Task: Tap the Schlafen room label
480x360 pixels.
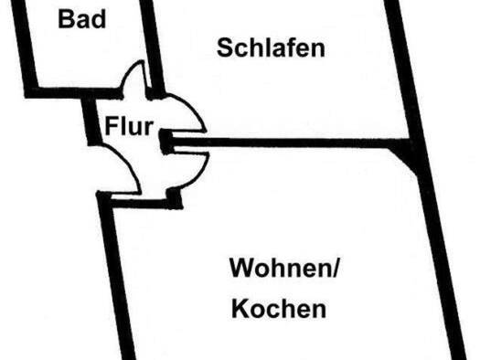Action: [271, 48]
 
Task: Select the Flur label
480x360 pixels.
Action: [128, 125]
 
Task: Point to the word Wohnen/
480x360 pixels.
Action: [283, 270]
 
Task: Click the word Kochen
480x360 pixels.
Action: [278, 310]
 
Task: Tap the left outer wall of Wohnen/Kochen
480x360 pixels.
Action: [119, 274]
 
